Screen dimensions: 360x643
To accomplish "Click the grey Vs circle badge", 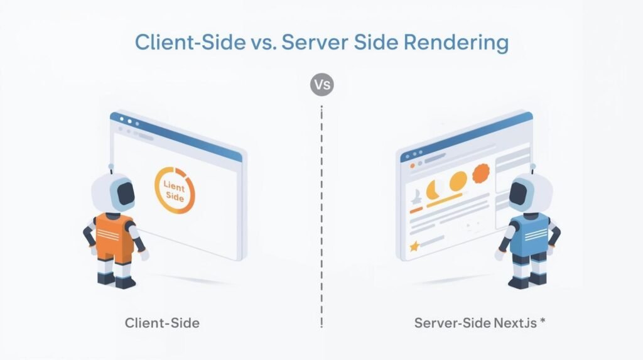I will pyautogui.click(x=321, y=84).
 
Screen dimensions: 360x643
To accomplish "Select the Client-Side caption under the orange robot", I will pyautogui.click(x=162, y=324).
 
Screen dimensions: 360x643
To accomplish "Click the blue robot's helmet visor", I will pyautogui.click(x=523, y=195).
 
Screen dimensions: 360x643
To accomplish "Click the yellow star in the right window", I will pyautogui.click(x=414, y=247).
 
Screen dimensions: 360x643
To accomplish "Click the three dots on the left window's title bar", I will pyautogui.click(x=123, y=120).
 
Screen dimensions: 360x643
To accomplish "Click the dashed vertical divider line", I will pyautogui.click(x=321, y=214).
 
